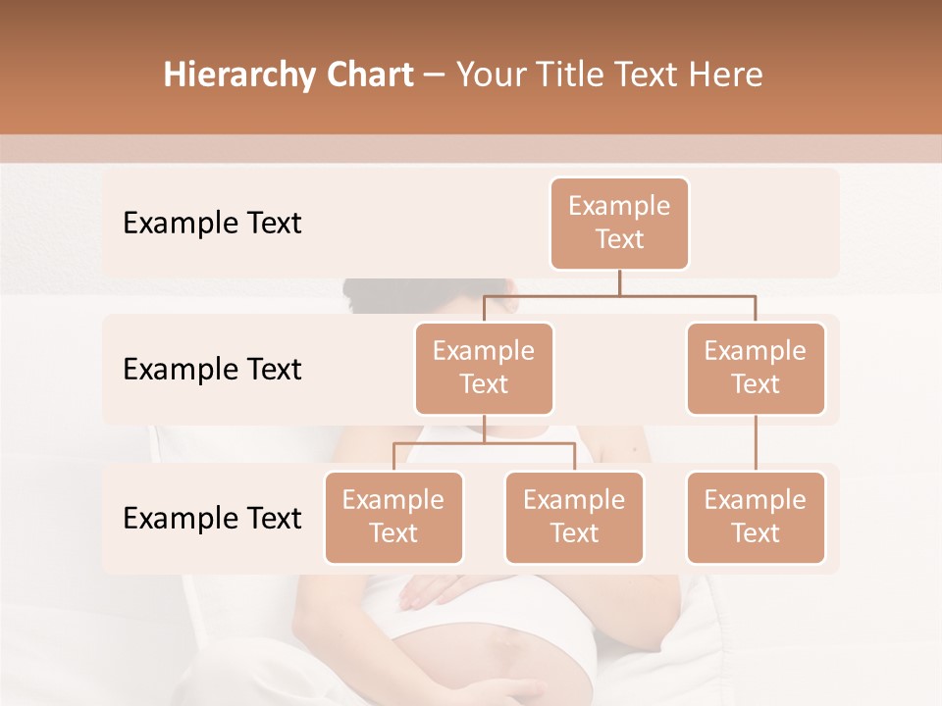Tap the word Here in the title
pos(723,76)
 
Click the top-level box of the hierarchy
pos(619,223)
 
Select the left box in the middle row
pos(484,368)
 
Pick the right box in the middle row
pos(756,368)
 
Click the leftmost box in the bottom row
pos(393,517)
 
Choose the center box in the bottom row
pos(574,517)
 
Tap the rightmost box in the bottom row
pos(756,517)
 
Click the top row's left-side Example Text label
pos(212,224)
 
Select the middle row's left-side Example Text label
pos(212,370)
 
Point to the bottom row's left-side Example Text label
pos(212,518)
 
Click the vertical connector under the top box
pos(619,282)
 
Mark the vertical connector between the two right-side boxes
pos(756,443)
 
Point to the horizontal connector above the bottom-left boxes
pos(484,443)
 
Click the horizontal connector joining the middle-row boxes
pos(619,295)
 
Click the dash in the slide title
pos(435,76)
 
